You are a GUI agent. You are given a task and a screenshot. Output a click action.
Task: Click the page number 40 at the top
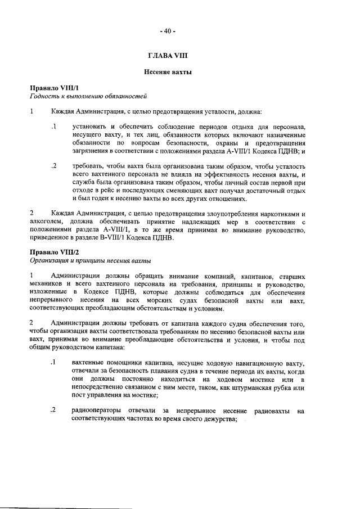click(167, 31)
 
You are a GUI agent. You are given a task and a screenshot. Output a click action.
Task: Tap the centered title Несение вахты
click(167, 73)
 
